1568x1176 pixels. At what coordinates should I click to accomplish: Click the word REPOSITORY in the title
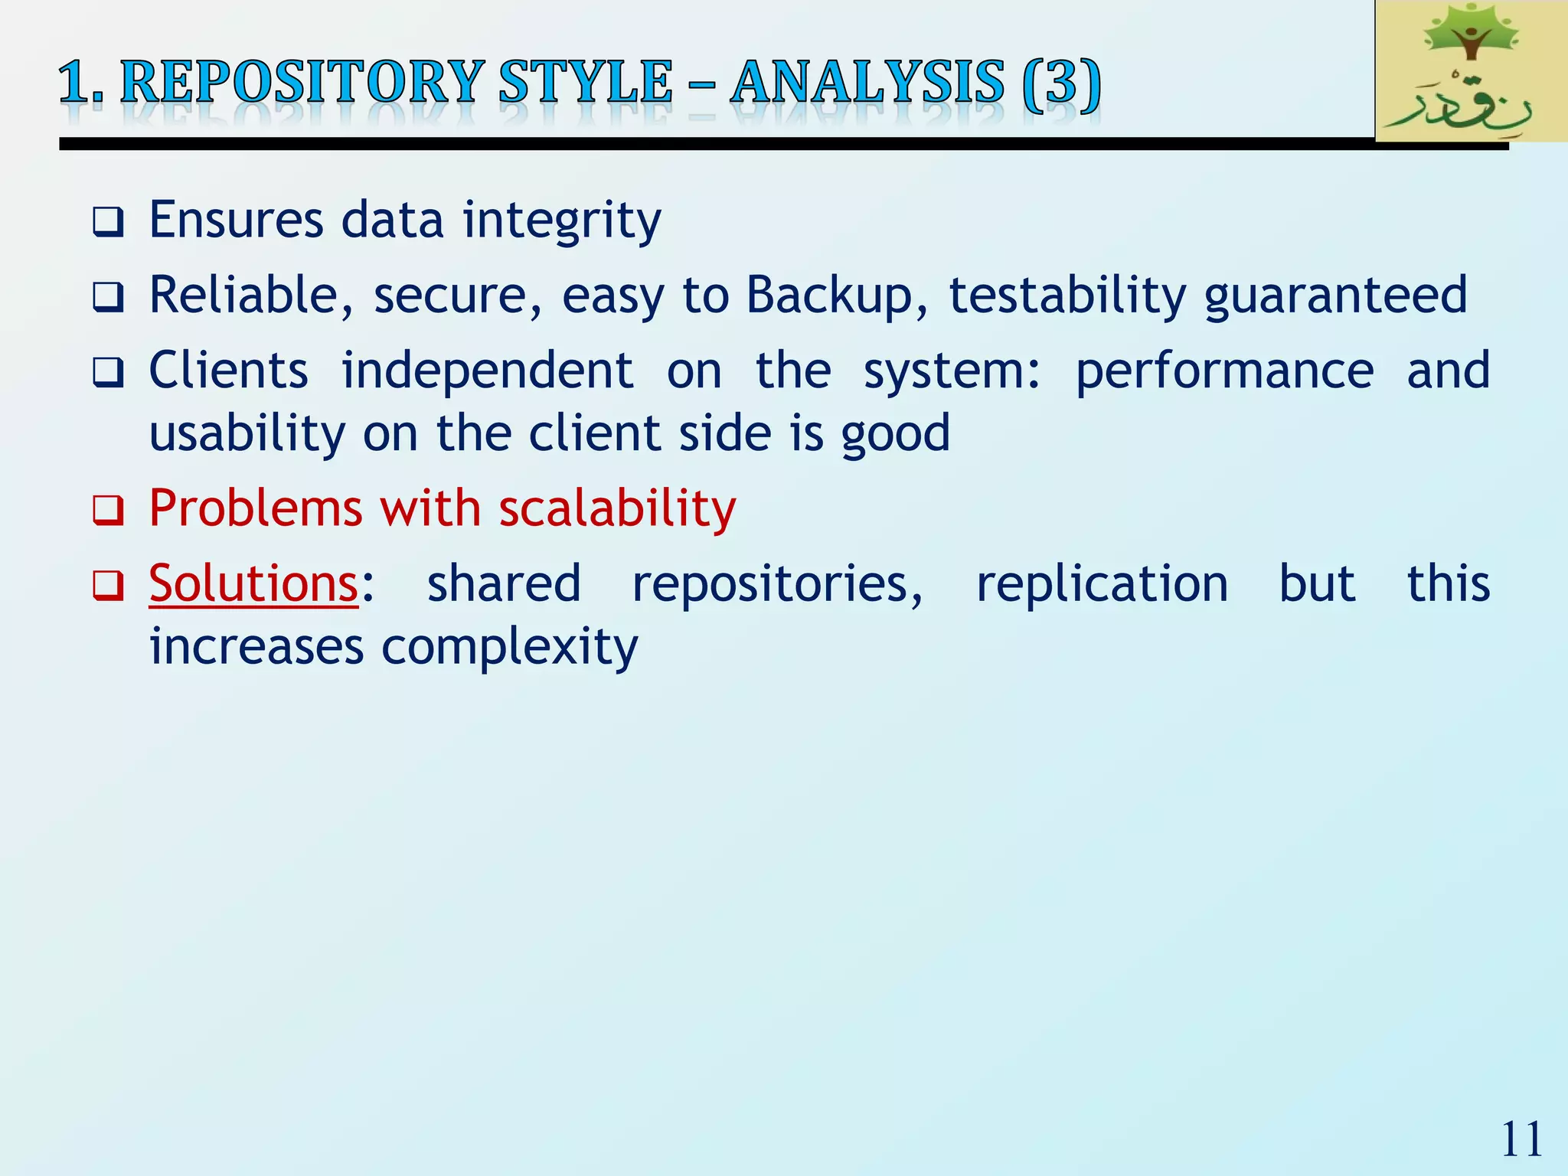tap(302, 82)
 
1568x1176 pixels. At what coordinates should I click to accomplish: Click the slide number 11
tap(1521, 1139)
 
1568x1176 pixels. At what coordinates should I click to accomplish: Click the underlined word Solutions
tap(253, 583)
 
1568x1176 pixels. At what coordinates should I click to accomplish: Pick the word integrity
tap(562, 221)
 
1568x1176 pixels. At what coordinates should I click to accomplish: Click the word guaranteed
tap(1335, 296)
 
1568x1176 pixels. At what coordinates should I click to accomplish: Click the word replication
tap(1102, 583)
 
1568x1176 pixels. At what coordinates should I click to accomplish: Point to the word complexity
tap(509, 648)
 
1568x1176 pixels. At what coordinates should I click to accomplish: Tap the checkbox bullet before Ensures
tap(108, 222)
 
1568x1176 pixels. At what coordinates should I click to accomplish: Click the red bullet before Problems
tap(108, 511)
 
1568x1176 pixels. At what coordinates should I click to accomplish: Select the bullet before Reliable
tap(108, 297)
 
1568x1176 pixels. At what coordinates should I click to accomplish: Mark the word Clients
tap(228, 371)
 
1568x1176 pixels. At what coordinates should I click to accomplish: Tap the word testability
tap(1067, 296)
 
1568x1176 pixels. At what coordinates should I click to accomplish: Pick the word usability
tap(247, 434)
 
